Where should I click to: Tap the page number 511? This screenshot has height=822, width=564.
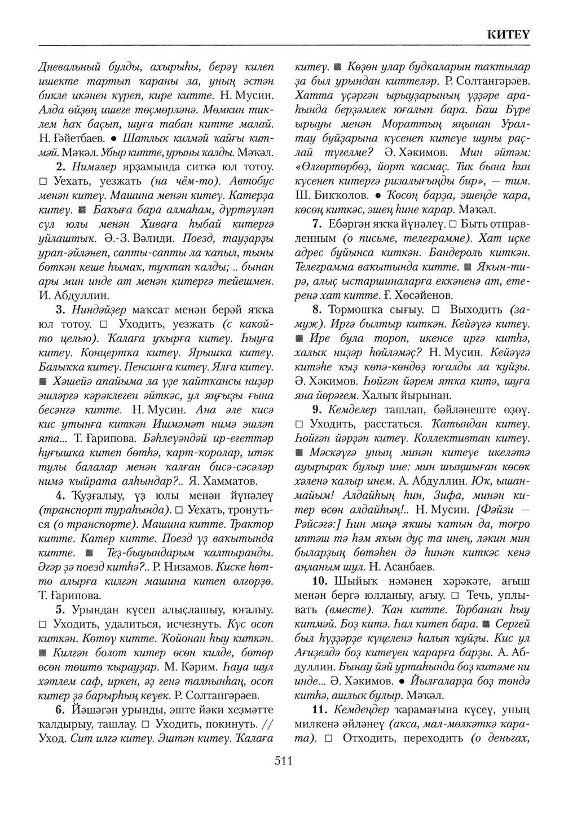click(x=282, y=762)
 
